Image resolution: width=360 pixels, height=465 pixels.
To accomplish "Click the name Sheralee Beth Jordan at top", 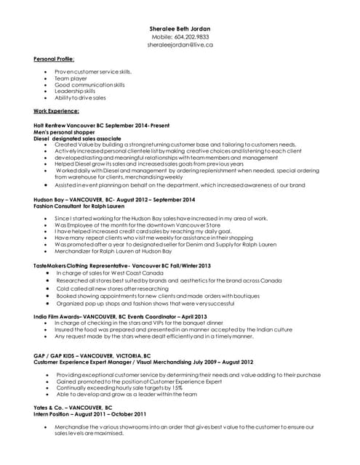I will click(x=180, y=28).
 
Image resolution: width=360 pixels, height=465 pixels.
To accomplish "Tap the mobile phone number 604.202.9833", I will click(x=180, y=36).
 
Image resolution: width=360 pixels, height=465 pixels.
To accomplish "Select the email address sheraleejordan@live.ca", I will click(x=180, y=44).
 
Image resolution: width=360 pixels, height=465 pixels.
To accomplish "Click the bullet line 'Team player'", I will click(x=71, y=78).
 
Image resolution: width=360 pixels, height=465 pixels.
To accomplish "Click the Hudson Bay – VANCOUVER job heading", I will click(x=114, y=199).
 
